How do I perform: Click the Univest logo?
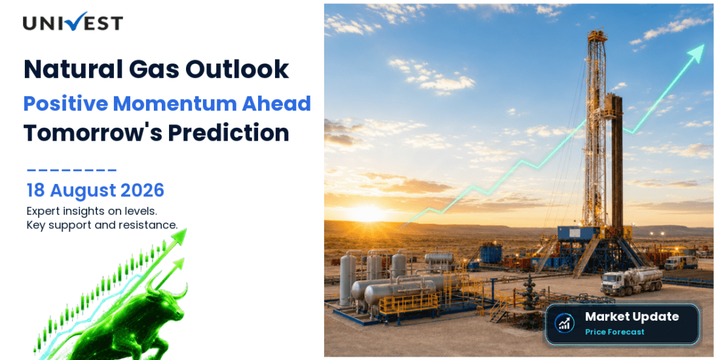click(73, 22)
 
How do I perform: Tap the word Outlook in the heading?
click(237, 69)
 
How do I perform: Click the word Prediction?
click(229, 133)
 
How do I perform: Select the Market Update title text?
click(631, 317)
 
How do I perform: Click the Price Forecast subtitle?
click(614, 332)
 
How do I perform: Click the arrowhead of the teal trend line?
click(696, 52)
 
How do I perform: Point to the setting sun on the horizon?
click(366, 213)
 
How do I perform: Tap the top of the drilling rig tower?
click(597, 33)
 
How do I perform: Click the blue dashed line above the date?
click(71, 170)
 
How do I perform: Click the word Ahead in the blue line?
click(276, 104)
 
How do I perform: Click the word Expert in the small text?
click(42, 211)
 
